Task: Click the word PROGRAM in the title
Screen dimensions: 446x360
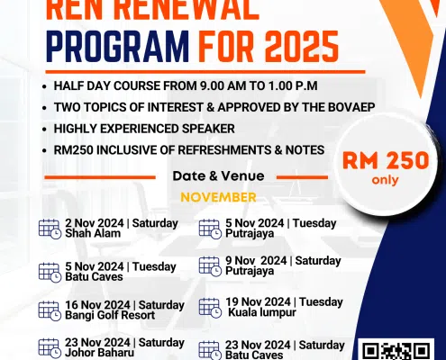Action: [x=117, y=47]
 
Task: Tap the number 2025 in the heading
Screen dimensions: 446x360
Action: [x=302, y=47]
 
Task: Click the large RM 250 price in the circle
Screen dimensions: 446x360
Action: [x=386, y=160]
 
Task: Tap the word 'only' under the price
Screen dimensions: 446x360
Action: [x=386, y=180]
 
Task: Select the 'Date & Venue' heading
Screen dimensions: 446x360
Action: [x=218, y=175]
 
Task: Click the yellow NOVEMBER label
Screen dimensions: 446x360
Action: [x=218, y=197]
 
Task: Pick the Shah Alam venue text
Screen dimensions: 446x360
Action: [x=93, y=233]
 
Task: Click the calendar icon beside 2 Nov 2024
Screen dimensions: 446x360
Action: [x=50, y=229]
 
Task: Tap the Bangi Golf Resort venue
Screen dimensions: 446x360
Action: [x=110, y=315]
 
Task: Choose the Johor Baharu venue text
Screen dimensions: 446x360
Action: [x=99, y=353]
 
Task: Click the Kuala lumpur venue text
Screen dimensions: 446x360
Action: [x=262, y=312]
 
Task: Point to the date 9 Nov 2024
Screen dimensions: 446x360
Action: [x=256, y=260]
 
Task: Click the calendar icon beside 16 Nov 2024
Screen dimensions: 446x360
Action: [x=50, y=310]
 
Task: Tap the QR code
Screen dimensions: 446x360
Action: [x=396, y=350]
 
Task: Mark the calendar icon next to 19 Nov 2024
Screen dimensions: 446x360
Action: [x=210, y=308]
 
